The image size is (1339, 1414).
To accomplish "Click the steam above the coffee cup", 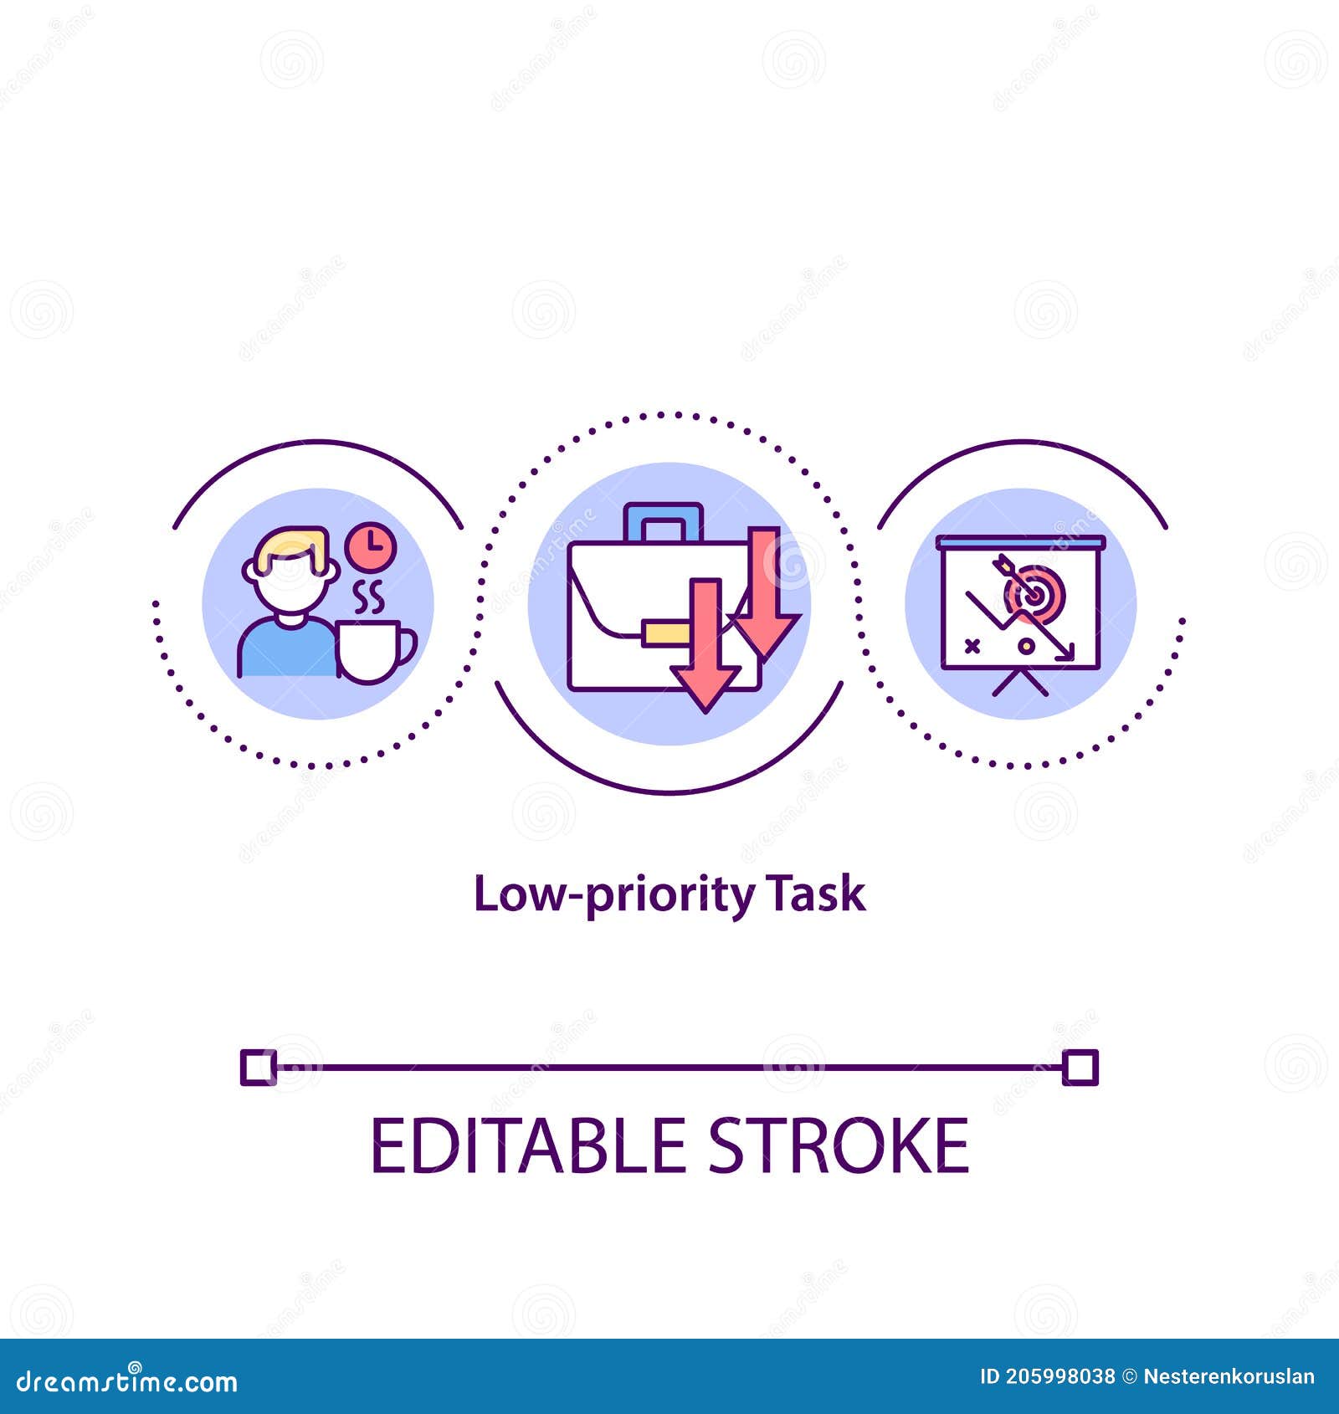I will (368, 597).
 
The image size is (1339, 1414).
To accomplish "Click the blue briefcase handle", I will (663, 521).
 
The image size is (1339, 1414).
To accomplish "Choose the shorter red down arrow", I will (705, 645).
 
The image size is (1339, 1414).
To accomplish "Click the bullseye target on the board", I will (1035, 592).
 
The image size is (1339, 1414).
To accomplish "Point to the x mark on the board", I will (972, 645).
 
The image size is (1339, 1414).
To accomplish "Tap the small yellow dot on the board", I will (1024, 646).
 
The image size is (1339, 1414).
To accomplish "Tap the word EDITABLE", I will (528, 1145).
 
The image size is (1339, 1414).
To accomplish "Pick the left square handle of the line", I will (258, 1067).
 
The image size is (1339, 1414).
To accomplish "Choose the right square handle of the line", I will (1080, 1068).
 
